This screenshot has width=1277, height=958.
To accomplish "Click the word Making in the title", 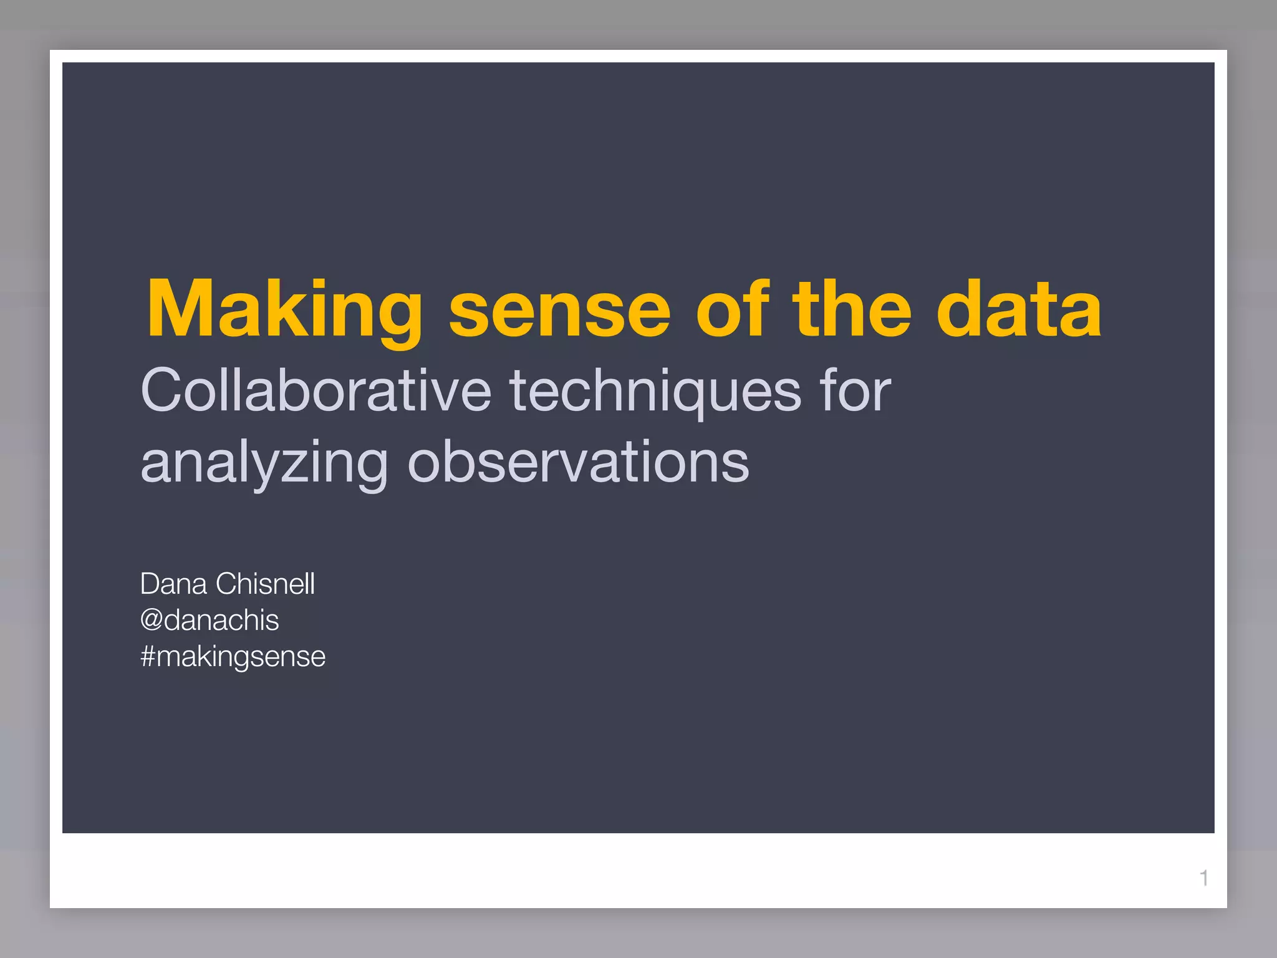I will [284, 310].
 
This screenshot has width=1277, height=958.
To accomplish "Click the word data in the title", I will [1019, 310].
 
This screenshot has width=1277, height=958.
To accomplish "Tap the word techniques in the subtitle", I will [655, 390].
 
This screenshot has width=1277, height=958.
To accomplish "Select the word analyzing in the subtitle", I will [264, 463].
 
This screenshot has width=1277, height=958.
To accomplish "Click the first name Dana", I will [173, 584].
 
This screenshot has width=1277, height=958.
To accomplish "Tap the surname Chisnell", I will [265, 584].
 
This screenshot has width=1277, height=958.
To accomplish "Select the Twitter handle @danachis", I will [210, 621].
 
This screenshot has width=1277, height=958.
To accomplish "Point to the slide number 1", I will [1204, 878].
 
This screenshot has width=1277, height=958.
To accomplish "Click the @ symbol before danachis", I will [152, 621].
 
